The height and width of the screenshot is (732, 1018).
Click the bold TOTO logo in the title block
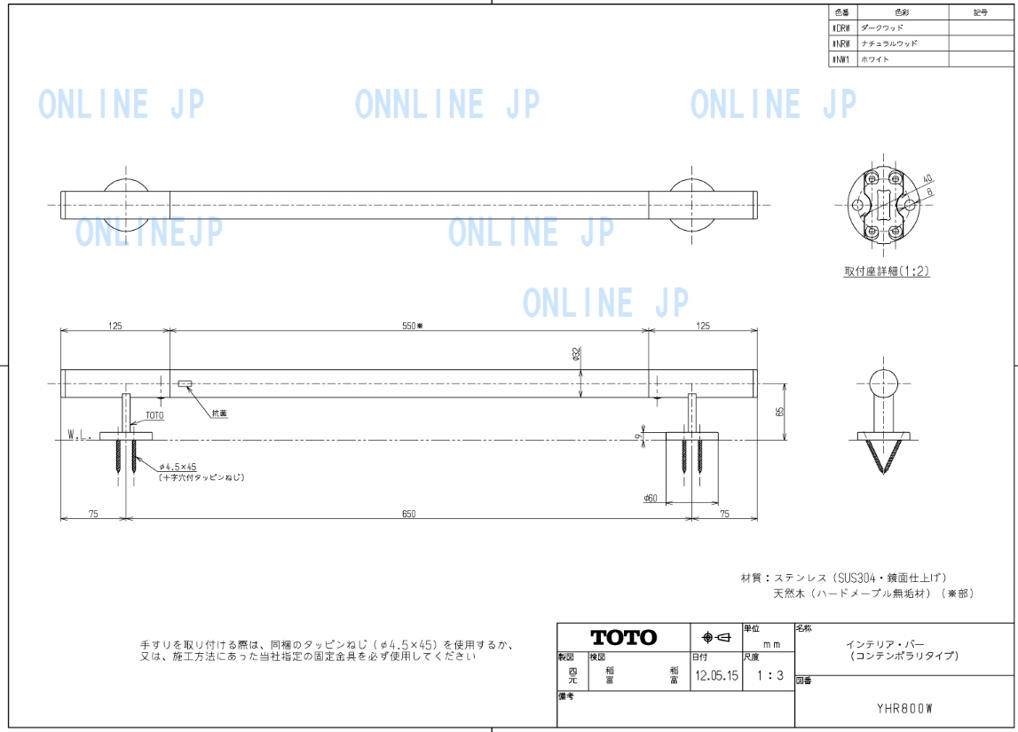[x=624, y=637]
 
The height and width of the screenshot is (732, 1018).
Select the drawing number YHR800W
[x=905, y=708]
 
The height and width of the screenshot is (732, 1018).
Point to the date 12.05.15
[x=716, y=675]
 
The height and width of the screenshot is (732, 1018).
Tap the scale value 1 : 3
[x=769, y=675]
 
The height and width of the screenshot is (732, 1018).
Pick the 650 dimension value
[x=408, y=514]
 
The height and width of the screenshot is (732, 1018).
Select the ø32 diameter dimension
[x=577, y=354]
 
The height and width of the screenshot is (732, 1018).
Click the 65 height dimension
[x=778, y=412]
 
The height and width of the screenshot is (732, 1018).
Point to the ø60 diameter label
[x=651, y=499]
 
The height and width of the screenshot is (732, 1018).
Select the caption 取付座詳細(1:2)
[x=887, y=272]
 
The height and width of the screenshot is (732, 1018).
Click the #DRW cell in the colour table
[x=841, y=28]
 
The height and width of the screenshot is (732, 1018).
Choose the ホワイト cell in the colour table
[x=876, y=59]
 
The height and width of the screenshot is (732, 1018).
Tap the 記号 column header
[x=980, y=12]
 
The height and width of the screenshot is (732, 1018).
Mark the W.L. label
[x=80, y=436]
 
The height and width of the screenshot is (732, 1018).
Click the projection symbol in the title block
[x=715, y=637]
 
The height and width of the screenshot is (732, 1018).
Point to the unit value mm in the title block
[x=771, y=644]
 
